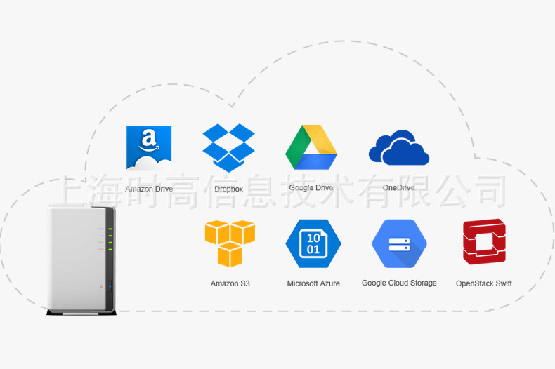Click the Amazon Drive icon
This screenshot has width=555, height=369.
click(x=149, y=148)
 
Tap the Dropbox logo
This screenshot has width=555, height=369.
click(x=228, y=147)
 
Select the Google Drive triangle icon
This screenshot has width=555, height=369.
click(x=311, y=147)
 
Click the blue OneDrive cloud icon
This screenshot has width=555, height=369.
click(x=398, y=148)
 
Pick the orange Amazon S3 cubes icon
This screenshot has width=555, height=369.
click(x=230, y=243)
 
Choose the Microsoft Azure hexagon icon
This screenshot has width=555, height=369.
click(x=313, y=243)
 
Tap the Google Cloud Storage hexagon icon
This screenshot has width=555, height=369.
click(x=399, y=243)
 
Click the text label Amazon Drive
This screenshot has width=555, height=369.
click(x=149, y=189)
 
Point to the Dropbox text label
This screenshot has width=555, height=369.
click(x=228, y=189)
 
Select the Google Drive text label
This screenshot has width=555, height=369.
click(x=311, y=188)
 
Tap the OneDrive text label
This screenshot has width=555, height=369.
click(x=398, y=188)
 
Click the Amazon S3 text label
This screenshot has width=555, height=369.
click(x=230, y=283)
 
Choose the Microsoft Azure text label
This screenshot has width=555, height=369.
click(x=313, y=283)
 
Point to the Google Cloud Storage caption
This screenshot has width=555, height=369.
click(x=399, y=283)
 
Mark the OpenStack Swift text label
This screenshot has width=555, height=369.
click(x=483, y=283)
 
